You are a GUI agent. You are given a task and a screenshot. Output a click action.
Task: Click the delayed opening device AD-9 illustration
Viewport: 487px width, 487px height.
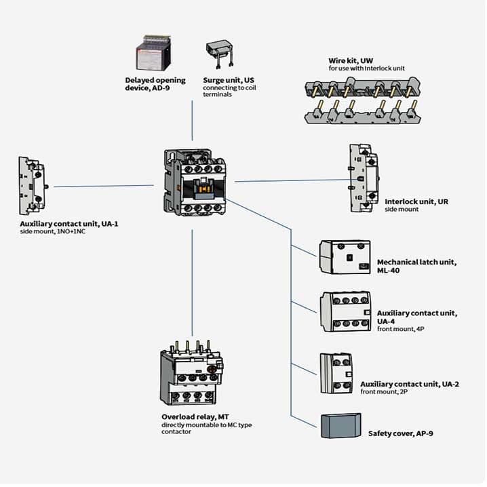coord(154,53)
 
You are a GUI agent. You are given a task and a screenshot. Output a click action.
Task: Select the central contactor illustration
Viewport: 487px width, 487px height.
coord(195,182)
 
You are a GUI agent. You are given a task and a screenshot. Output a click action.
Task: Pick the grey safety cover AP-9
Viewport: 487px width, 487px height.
coord(340,426)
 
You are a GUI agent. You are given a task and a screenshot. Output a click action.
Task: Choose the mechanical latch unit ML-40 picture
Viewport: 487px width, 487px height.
coord(345,257)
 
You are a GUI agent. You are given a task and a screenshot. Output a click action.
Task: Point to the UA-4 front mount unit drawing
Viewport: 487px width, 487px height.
coord(346,311)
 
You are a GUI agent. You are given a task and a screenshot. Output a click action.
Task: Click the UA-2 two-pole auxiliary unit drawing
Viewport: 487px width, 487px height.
coord(336,373)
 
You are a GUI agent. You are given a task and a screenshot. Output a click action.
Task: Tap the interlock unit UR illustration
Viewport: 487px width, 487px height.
coord(364,178)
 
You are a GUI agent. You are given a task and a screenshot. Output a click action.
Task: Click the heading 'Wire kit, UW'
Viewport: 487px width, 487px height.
coord(351,60)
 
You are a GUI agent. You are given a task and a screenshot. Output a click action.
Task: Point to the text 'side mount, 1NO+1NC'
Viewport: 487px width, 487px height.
coord(52,232)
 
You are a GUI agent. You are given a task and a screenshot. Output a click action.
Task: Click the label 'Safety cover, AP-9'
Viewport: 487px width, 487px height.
coord(401,433)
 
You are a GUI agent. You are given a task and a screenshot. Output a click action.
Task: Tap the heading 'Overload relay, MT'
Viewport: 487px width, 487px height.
coord(195,417)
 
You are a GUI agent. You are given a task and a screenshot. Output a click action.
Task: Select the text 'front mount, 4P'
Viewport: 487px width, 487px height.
coord(401,329)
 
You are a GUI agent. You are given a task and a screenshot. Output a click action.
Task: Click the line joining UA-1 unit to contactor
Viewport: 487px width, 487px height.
coord(104,186)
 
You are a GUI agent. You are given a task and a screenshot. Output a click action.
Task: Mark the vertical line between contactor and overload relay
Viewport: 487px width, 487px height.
coord(192,283)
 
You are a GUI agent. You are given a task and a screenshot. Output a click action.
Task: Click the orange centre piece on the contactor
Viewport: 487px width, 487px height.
coord(204,189)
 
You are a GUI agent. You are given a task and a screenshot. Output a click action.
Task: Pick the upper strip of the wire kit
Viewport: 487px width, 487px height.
coord(363,87)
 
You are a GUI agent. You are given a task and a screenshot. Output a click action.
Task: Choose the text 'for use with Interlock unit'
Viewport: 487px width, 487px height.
coord(367,69)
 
